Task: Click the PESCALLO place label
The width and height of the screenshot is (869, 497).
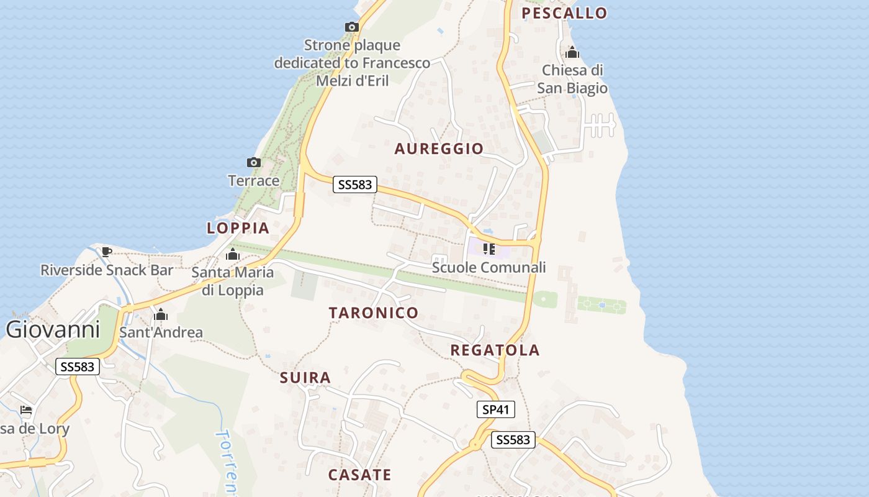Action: click(x=564, y=13)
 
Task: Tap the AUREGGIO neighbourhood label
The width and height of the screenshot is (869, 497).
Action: click(x=439, y=148)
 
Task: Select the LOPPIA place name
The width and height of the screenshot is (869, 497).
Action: click(x=238, y=228)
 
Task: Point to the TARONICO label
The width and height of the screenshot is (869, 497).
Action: click(x=374, y=312)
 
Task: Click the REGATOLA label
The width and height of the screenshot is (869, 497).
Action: click(x=495, y=350)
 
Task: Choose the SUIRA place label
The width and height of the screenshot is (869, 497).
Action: click(x=305, y=378)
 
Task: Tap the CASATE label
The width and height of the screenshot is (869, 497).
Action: click(x=359, y=475)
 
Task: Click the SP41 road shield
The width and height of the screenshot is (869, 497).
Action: click(x=496, y=409)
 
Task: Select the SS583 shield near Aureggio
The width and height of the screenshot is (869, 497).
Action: click(x=355, y=185)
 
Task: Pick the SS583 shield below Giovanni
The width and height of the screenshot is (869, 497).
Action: click(x=78, y=367)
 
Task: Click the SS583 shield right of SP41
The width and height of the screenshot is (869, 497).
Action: click(x=513, y=440)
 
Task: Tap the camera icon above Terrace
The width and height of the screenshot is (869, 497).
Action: click(x=253, y=163)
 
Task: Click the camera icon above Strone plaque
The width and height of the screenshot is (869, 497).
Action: click(x=352, y=27)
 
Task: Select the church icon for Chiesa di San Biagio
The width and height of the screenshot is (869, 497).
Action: click(x=572, y=53)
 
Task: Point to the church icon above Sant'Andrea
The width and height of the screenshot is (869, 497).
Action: click(x=161, y=315)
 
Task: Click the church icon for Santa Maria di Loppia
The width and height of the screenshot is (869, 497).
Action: click(x=233, y=254)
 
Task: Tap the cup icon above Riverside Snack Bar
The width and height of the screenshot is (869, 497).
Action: click(x=107, y=252)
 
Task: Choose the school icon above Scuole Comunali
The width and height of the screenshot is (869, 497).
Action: click(x=489, y=249)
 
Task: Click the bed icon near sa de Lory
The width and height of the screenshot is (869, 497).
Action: click(x=25, y=410)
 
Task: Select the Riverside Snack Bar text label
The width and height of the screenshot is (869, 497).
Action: click(x=107, y=270)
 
